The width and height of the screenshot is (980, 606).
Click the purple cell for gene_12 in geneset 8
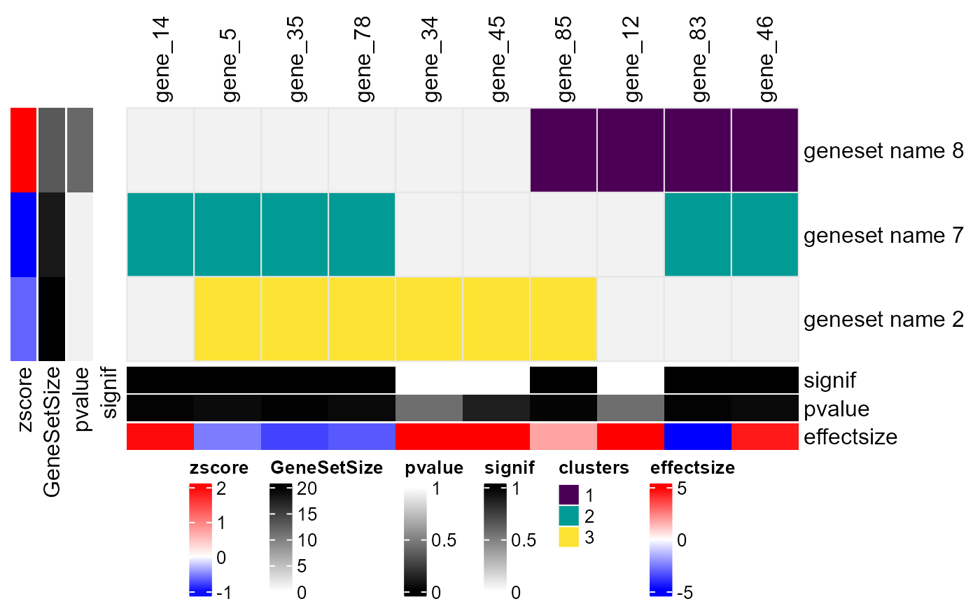tap(630, 150)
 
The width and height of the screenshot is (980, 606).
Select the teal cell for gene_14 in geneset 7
tap(160, 234)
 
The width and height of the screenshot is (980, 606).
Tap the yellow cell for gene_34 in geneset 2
tap(428, 319)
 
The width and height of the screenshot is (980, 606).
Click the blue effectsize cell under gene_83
tap(697, 437)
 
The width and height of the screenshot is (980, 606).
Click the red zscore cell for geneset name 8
tap(23, 150)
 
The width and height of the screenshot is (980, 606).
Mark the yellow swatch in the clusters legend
tap(568, 537)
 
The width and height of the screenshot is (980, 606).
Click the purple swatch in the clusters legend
tap(568, 495)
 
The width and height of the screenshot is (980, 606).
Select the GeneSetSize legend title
tap(326, 469)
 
